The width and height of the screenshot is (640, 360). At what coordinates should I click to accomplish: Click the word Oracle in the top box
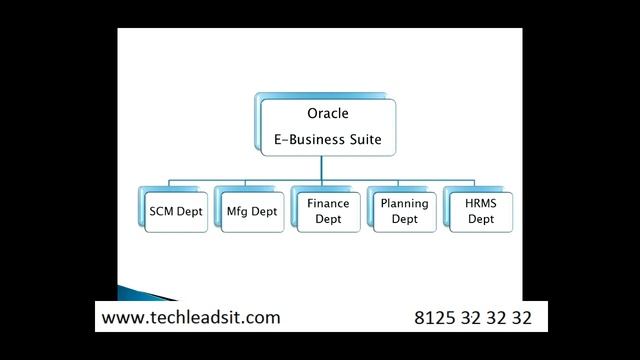tap(328, 114)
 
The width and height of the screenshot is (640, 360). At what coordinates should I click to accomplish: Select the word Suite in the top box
tap(361, 139)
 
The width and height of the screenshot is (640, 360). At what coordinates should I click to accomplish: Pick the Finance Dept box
tap(327, 211)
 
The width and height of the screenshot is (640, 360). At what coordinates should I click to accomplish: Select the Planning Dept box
tap(404, 211)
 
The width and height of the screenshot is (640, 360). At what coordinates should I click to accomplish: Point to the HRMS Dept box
tap(480, 211)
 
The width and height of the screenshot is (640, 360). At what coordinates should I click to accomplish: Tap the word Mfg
tap(237, 211)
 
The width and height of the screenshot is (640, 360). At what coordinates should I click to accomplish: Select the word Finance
tap(328, 203)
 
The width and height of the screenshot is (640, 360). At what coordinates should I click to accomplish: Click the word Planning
tap(404, 203)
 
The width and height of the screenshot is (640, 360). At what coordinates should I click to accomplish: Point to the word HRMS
tap(480, 203)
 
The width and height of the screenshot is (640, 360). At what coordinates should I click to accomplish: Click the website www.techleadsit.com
tap(191, 318)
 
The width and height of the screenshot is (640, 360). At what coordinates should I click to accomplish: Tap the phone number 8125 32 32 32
tap(472, 318)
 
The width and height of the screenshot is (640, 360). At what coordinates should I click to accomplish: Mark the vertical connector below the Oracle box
tap(328, 168)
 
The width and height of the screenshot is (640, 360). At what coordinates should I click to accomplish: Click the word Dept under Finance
tap(328, 219)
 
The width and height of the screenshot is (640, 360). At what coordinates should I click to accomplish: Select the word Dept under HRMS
tap(480, 219)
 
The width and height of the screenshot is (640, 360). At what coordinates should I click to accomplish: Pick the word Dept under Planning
tap(404, 219)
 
